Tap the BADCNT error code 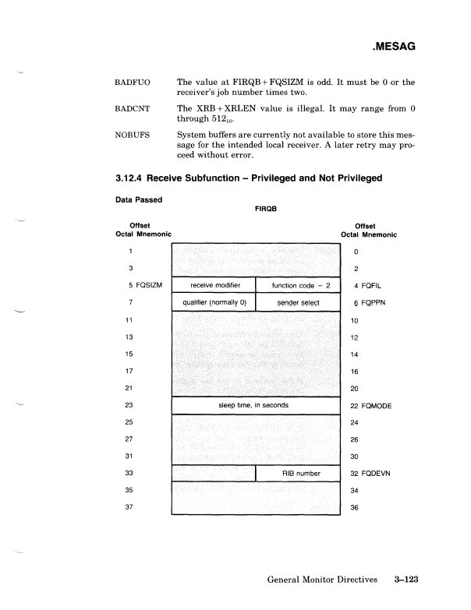click(x=133, y=109)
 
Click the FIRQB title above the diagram click(x=267, y=209)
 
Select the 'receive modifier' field click(x=213, y=285)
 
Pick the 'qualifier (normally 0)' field click(x=213, y=301)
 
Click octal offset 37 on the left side click(x=132, y=506)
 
